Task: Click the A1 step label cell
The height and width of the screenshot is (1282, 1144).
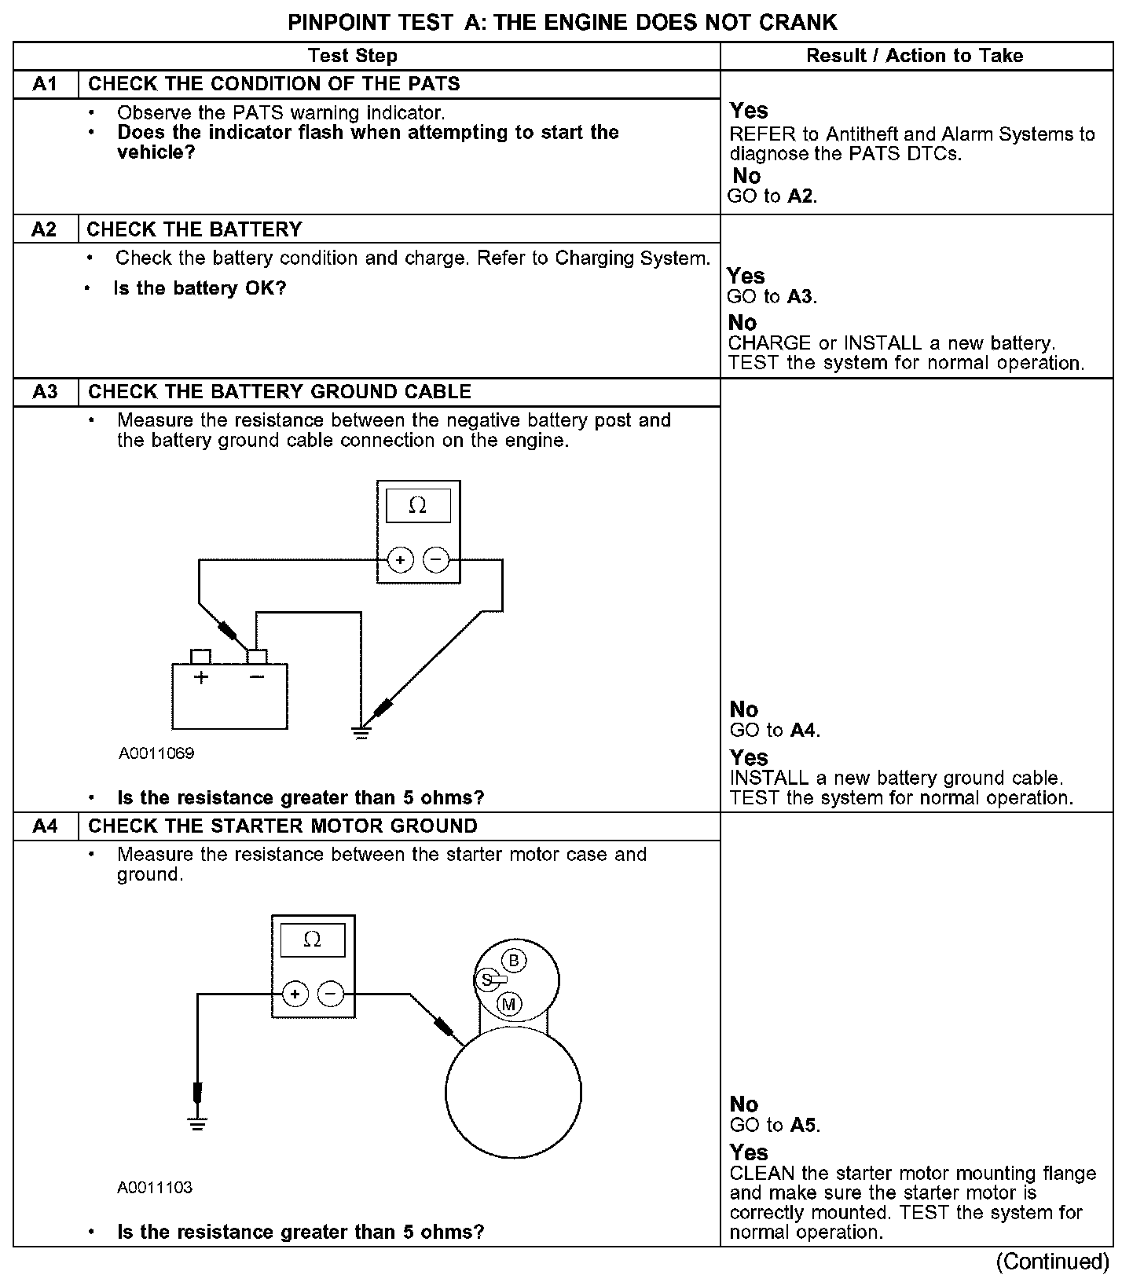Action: tap(46, 84)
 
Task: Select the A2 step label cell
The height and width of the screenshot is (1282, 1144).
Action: tap(45, 229)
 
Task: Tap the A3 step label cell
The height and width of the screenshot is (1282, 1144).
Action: tap(46, 392)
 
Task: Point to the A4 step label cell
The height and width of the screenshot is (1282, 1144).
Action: tap(46, 826)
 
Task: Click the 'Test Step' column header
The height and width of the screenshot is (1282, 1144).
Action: tap(353, 56)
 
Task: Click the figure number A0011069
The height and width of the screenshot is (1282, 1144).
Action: tap(156, 753)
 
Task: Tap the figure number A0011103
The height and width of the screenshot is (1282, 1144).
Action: tap(155, 1188)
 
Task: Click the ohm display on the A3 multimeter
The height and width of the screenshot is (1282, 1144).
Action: tap(418, 507)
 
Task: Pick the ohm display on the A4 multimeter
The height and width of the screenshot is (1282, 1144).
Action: tap(312, 940)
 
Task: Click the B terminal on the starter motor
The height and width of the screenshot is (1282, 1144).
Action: tap(514, 961)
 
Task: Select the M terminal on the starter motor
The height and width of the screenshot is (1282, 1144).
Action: tap(509, 1004)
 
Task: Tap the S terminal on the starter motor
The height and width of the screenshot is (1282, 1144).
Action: tap(486, 980)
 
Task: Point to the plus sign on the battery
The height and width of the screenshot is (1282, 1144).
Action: tap(202, 677)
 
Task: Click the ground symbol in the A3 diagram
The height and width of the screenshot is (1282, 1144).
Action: tap(361, 734)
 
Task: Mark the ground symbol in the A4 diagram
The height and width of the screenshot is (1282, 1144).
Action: tap(197, 1125)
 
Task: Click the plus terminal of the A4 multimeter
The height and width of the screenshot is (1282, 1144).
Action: tap(295, 994)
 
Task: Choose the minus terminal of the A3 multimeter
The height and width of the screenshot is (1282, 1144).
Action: tap(436, 560)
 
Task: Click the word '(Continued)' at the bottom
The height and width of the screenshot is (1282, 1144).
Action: tap(1053, 1262)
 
